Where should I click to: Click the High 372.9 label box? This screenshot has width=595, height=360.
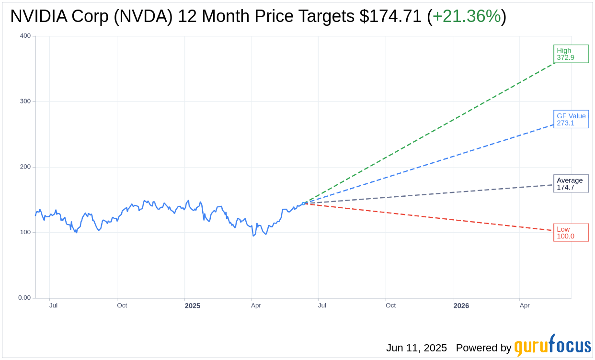tap(571, 54)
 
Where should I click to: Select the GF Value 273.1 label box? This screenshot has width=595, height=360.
tap(571, 119)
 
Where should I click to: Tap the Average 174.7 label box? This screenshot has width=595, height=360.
tap(571, 184)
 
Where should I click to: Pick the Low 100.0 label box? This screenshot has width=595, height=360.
tap(571, 233)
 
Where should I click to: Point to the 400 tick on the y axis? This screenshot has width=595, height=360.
tap(25, 36)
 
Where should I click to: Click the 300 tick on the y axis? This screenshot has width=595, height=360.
tap(25, 101)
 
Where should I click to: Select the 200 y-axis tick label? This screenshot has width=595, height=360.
tap(25, 167)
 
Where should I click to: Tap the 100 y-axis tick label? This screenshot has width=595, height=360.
tap(25, 232)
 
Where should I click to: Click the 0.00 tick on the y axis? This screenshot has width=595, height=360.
tap(24, 298)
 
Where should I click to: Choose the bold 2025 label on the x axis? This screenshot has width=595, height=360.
tap(193, 305)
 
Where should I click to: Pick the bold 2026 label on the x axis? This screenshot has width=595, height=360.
tap(461, 305)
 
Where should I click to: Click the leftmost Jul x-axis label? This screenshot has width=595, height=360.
tap(53, 305)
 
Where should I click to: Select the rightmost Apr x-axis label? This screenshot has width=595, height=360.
tap(525, 305)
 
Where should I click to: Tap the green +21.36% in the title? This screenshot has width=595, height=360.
tap(466, 16)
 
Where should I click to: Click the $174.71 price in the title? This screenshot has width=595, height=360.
tap(390, 16)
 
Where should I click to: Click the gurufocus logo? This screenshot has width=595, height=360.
tap(552, 346)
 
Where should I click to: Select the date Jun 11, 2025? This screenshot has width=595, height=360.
tap(416, 348)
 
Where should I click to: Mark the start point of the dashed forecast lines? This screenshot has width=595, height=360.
tap(303, 203)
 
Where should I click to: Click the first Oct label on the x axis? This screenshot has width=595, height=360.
tap(122, 305)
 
